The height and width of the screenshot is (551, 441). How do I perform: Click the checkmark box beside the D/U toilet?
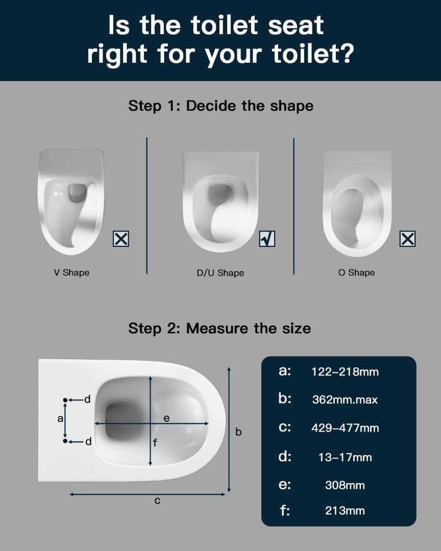click(x=267, y=239)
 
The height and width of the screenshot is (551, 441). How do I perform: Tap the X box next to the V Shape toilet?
click(x=121, y=239)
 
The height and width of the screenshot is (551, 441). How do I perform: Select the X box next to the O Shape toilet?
click(x=408, y=239)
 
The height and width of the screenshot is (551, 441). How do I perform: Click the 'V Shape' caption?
click(x=71, y=272)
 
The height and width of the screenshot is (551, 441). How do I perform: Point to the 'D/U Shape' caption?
click(x=220, y=273)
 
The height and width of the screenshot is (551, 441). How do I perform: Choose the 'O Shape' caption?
click(x=357, y=272)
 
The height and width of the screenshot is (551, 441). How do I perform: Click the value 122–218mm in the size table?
click(x=345, y=372)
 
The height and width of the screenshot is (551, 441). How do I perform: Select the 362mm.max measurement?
click(x=345, y=400)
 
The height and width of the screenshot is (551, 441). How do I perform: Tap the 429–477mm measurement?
click(x=345, y=428)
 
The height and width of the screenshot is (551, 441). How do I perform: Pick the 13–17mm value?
click(x=345, y=457)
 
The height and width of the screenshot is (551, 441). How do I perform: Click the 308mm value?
click(x=345, y=485)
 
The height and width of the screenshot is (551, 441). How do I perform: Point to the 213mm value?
click(x=345, y=511)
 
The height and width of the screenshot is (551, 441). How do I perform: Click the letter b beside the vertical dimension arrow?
click(x=238, y=432)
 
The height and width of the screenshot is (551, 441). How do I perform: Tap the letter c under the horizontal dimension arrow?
click(x=157, y=501)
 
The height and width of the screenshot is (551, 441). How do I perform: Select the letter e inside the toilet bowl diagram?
click(x=167, y=418)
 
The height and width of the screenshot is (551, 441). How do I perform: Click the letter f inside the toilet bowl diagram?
click(x=155, y=443)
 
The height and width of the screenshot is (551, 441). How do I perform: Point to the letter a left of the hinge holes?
click(x=60, y=418)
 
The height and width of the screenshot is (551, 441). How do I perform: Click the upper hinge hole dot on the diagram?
click(x=65, y=400)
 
